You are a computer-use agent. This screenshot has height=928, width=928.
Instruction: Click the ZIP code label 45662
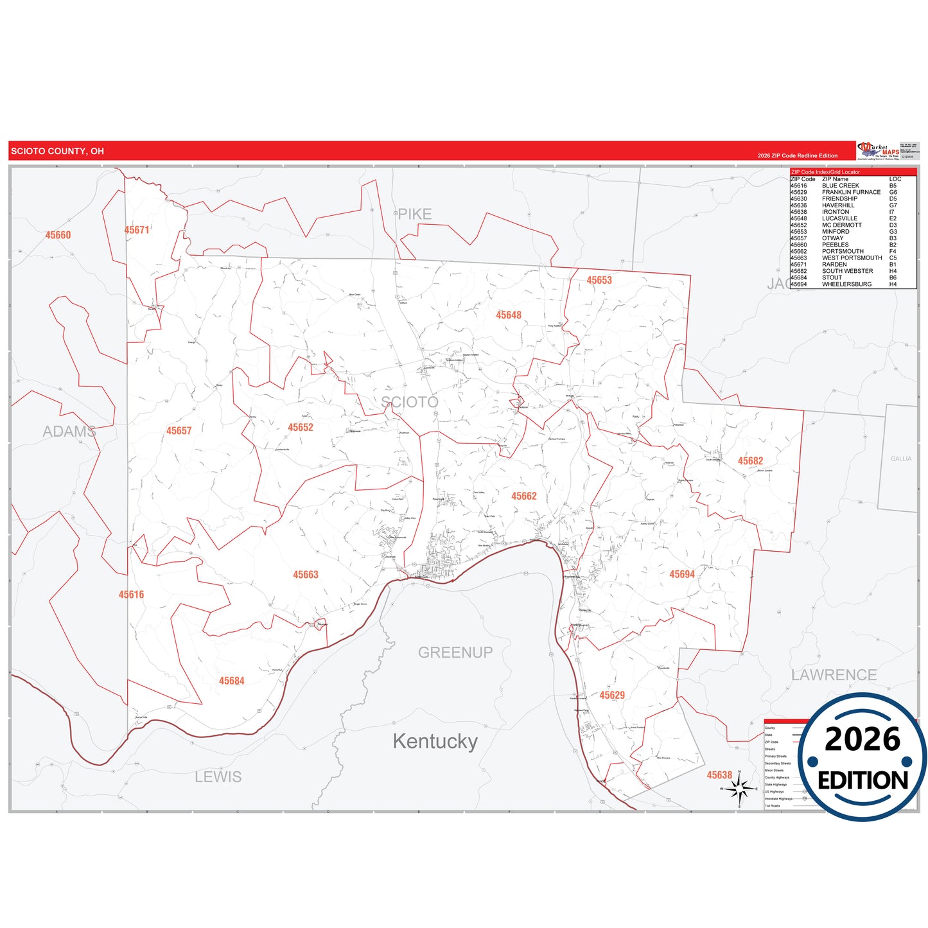(x=523, y=496)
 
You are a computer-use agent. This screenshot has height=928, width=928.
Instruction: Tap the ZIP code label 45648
(x=508, y=315)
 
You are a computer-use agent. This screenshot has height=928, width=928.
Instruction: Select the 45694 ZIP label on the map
(x=681, y=574)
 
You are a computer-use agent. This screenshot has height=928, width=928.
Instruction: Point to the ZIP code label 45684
(x=231, y=681)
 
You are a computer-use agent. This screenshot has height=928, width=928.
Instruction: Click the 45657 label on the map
(x=179, y=430)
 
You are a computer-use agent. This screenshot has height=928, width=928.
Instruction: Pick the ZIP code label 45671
(x=137, y=230)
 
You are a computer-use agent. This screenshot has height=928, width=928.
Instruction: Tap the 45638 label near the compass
(x=719, y=775)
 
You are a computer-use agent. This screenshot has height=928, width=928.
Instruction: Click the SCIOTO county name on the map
(x=410, y=402)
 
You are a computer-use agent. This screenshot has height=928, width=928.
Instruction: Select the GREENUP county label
(x=455, y=652)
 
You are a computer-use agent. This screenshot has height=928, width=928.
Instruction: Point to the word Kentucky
(x=435, y=741)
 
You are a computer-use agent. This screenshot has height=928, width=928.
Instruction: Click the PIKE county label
(x=414, y=214)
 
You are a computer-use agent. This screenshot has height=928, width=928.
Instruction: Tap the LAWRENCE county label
(x=834, y=675)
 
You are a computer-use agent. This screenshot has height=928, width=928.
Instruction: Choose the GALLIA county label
(x=900, y=459)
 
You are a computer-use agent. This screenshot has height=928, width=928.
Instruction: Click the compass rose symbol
(x=739, y=788)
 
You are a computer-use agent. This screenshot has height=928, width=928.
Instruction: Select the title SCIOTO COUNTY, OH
(x=57, y=151)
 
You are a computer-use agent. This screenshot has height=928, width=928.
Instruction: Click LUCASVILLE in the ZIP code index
(x=839, y=218)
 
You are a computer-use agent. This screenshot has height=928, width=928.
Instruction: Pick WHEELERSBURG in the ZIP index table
(x=846, y=284)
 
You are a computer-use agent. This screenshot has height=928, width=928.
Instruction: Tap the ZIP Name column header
(x=835, y=179)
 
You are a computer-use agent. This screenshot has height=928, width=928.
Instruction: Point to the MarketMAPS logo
(x=879, y=150)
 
